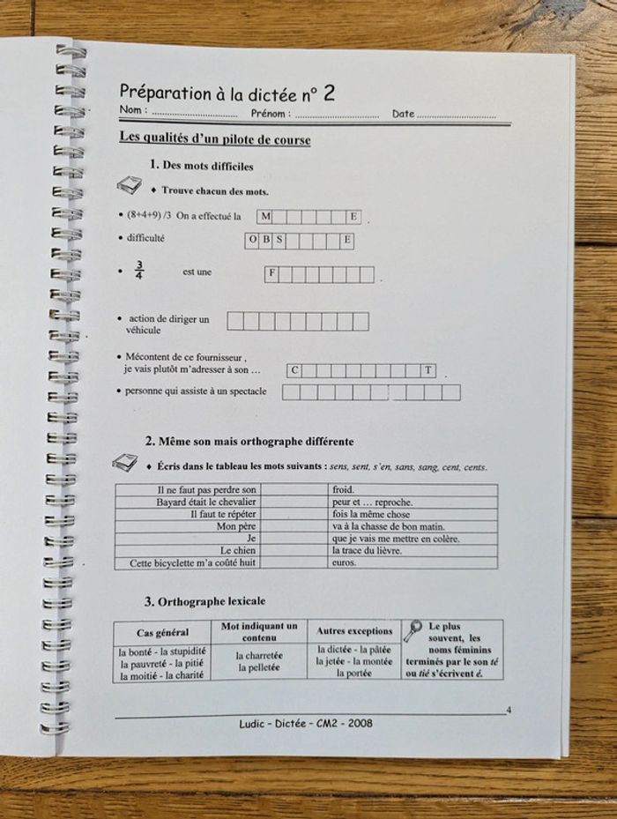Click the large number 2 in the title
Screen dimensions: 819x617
click(x=329, y=93)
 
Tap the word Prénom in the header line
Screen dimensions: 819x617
click(x=269, y=114)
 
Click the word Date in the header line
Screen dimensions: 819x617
click(x=403, y=114)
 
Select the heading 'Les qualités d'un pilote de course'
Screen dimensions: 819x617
click(x=214, y=139)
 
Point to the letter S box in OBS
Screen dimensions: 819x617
click(x=279, y=241)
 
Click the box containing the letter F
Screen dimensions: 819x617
click(x=272, y=274)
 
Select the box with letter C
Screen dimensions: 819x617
click(x=295, y=370)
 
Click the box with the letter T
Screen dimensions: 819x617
click(x=429, y=370)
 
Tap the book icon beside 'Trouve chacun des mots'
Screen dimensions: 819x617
click(x=129, y=186)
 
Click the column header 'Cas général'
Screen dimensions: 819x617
click(x=162, y=633)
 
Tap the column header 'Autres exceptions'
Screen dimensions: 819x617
click(x=354, y=631)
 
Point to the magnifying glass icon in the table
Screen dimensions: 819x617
click(x=413, y=631)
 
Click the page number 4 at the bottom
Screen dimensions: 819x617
click(x=509, y=710)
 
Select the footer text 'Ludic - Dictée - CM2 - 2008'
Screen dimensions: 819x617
click(x=306, y=723)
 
